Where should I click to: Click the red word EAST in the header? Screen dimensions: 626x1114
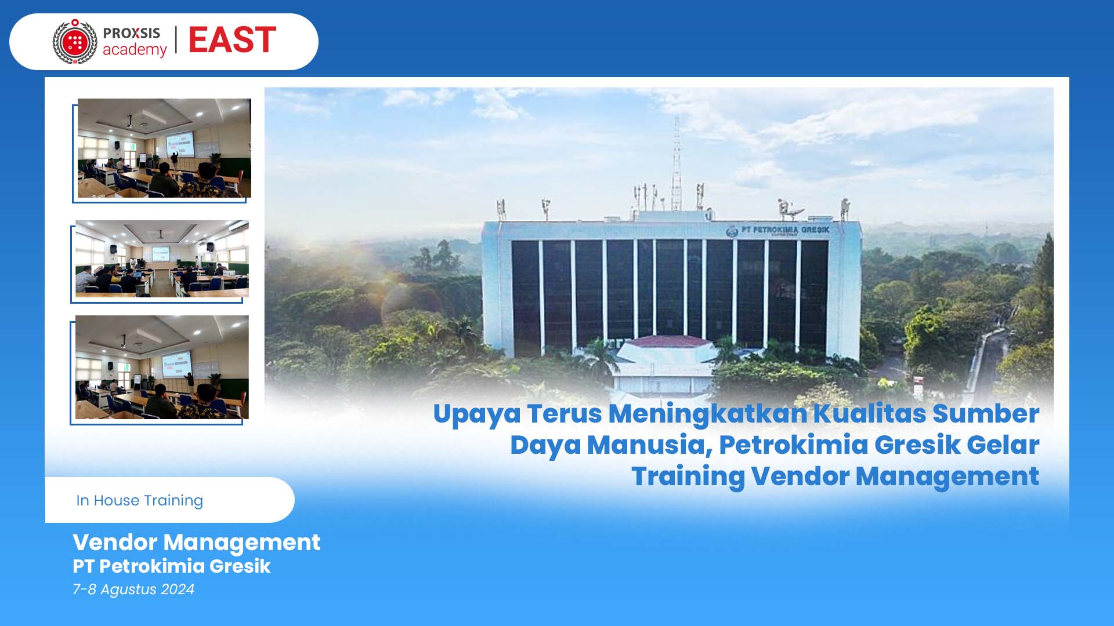coord(232,40)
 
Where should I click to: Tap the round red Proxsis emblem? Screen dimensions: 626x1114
coord(75,42)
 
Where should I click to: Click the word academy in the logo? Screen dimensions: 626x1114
coord(135,50)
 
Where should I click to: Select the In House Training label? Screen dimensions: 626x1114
coord(139,500)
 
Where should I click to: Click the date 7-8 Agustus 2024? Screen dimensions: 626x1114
coord(133,589)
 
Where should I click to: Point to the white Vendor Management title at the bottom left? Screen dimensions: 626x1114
coord(196,543)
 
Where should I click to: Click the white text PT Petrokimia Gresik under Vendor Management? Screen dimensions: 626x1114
coord(172,566)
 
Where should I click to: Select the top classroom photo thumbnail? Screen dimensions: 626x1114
coord(164,148)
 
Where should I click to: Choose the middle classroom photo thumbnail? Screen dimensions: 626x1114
coord(162,259)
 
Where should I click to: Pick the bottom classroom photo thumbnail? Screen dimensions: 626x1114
coord(162,367)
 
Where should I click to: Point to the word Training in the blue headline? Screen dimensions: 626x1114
coord(688,476)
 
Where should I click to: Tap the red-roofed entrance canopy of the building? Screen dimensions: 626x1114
coord(667,341)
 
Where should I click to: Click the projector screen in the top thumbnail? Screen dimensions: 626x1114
coord(180,143)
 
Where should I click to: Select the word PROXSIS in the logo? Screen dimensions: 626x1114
coord(132,33)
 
